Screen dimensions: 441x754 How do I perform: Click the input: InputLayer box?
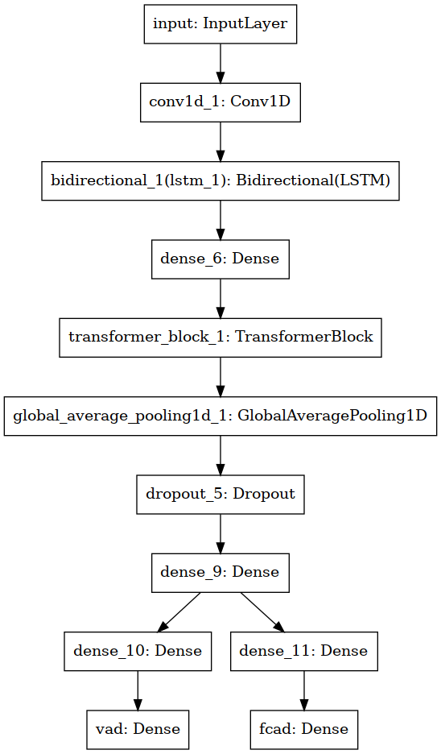pos(220,24)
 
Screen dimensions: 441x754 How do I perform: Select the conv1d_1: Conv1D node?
pos(220,102)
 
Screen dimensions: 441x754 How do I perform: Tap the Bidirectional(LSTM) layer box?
pos(220,180)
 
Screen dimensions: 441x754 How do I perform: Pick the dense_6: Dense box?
pos(220,259)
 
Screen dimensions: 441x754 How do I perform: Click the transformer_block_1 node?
pos(220,338)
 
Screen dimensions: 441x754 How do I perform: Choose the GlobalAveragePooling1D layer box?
pos(220,416)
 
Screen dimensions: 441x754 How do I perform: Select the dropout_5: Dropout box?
pos(220,495)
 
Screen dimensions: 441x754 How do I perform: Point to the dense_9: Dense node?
pos(220,573)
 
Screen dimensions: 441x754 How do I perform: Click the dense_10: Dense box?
pos(138,651)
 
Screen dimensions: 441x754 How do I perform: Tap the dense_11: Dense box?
pos(303,651)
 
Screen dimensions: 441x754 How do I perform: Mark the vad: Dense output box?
pos(138,730)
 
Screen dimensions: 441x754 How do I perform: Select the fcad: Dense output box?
pos(303,730)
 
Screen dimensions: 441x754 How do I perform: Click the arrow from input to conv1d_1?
pos(220,64)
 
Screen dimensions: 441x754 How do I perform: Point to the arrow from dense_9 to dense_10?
pos(179,612)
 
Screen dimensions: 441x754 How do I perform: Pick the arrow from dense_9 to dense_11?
pos(262,612)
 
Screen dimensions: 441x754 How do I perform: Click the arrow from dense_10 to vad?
pos(138,690)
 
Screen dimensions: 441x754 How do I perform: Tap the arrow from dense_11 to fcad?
pos(303,690)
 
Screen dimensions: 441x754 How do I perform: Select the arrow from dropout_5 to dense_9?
pos(220,534)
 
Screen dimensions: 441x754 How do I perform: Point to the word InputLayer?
pos(245,24)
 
